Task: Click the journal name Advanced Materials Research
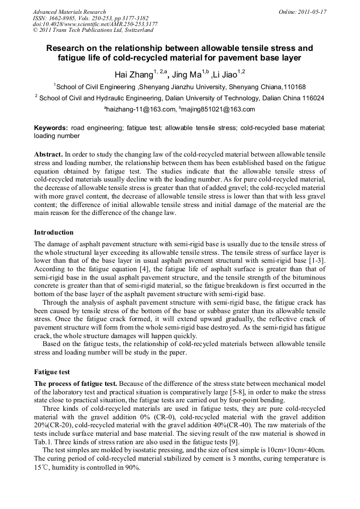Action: (69, 11)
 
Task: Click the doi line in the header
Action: (95, 24)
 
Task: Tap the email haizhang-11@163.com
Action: (141, 109)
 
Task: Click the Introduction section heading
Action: (54, 232)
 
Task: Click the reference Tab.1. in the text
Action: (44, 443)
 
